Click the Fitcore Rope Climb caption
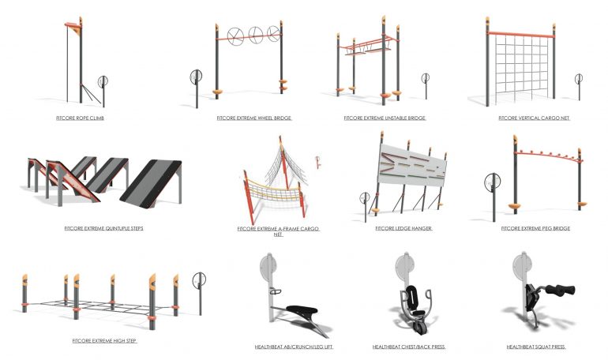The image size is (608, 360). click(80, 118)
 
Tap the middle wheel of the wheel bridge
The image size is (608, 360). click(256, 35)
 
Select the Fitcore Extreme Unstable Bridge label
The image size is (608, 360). click(385, 118)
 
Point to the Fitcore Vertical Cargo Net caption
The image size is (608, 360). click(534, 118)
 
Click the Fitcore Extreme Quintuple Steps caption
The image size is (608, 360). click(104, 228)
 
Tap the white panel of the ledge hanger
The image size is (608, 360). click(412, 166)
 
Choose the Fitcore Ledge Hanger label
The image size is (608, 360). click(403, 228)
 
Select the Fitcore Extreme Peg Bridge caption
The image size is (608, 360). click(535, 228)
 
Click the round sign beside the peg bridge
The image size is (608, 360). click(493, 182)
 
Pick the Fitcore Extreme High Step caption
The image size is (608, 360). click(104, 340)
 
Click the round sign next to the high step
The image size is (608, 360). click(199, 279)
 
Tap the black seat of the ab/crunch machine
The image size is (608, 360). click(302, 309)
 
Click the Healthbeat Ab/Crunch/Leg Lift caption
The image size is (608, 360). click(294, 347)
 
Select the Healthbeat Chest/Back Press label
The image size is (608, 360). click(409, 347)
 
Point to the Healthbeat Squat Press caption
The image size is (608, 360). click(536, 347)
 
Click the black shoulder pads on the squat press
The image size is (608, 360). click(561, 290)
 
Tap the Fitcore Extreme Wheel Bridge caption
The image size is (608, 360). click(254, 118)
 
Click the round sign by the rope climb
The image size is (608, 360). click(103, 81)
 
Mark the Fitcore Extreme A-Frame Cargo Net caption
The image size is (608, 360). click(278, 231)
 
